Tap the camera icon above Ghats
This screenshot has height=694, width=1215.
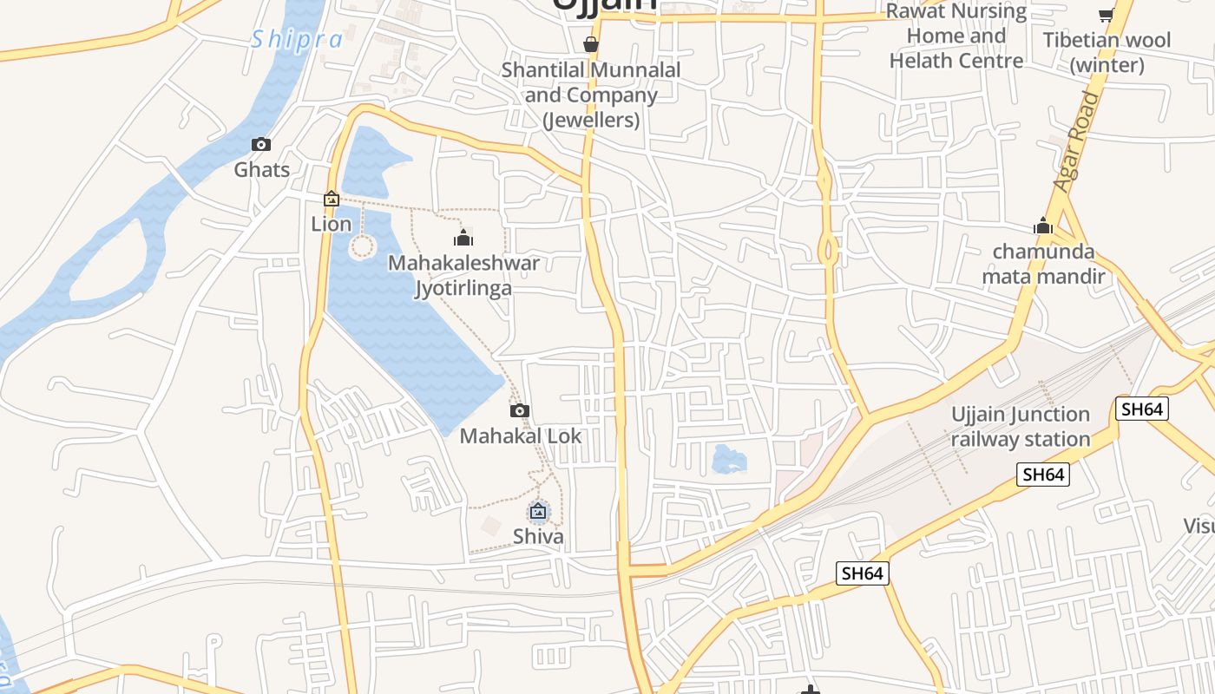(x=261, y=145)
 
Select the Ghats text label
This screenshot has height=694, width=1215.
(x=261, y=169)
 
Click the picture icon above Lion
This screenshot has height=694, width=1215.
(x=332, y=200)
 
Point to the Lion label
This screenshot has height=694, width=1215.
(x=332, y=224)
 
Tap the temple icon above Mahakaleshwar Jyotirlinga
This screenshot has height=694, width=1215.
(x=463, y=238)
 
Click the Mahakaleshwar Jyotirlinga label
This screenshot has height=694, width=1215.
(x=463, y=275)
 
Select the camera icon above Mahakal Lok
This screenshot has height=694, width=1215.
(x=520, y=410)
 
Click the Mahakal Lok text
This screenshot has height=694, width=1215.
(x=520, y=435)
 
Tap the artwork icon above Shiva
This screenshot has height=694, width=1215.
(x=538, y=512)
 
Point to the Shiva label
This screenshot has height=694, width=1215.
(x=538, y=536)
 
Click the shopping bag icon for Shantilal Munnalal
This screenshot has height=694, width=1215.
(x=591, y=44)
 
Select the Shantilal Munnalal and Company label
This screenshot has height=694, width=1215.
(x=591, y=95)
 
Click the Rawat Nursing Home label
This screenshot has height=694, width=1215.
(x=956, y=36)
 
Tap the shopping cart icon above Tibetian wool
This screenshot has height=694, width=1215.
(x=1107, y=15)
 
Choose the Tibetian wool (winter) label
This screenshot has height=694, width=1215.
(x=1107, y=52)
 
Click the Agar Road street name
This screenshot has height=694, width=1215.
(x=1076, y=141)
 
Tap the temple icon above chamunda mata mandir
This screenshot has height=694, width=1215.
(x=1043, y=227)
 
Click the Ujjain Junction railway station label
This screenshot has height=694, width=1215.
(x=1021, y=427)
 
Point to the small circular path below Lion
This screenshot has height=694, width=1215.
(x=362, y=248)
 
